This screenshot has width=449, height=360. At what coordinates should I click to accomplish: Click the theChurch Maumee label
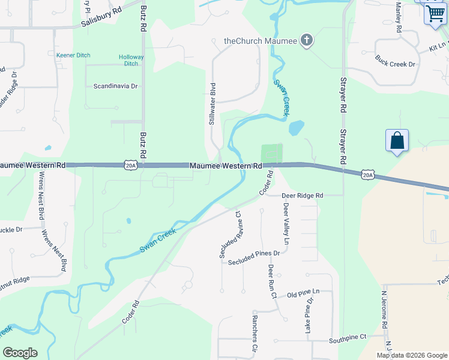click(261, 41)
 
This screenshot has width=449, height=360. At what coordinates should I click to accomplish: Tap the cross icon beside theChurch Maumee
click(307, 41)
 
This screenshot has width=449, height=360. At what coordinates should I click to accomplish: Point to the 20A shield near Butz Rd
click(131, 165)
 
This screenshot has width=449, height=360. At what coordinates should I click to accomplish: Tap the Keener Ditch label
click(73, 55)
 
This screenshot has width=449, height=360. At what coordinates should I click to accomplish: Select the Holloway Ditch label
click(131, 60)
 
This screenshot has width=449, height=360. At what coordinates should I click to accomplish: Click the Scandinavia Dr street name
click(115, 86)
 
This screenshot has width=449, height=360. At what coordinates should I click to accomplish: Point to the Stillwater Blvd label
click(212, 104)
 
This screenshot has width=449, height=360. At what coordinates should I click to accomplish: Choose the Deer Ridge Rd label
click(303, 195)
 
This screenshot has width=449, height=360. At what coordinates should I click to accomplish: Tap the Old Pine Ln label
click(303, 292)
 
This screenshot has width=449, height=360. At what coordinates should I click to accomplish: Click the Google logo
click(20, 353)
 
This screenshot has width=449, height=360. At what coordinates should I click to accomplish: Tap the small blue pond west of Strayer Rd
click(296, 128)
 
